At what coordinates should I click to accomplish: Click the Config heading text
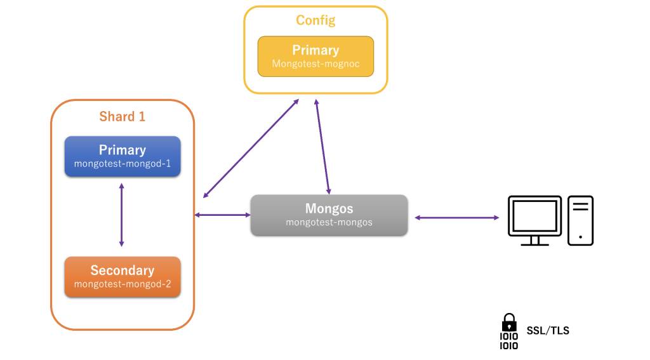tap(315, 20)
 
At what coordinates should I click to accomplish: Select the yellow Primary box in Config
tap(315, 57)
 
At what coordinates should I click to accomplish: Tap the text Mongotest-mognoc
tap(315, 64)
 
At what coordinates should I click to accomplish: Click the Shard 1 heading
tap(123, 117)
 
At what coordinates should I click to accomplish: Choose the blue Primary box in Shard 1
tap(123, 156)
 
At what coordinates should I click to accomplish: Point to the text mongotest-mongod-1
tap(123, 164)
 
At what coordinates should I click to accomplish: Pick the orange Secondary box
tap(123, 277)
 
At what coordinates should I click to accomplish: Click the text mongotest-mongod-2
tap(123, 284)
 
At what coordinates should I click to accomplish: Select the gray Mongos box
tap(329, 215)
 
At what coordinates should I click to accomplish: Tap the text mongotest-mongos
tap(329, 222)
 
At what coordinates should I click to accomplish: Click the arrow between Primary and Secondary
tap(121, 215)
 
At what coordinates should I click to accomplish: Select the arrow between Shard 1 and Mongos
tap(223, 215)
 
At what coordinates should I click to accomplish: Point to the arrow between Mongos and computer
tap(457, 217)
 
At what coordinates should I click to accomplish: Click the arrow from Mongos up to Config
tap(322, 147)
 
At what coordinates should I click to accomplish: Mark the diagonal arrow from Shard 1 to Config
tap(251, 149)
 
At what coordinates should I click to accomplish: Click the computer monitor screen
tap(534, 216)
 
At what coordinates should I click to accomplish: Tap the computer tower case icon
tap(580, 221)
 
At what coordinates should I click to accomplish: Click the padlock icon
tap(509, 323)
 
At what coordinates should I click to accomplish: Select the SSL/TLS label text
tap(548, 331)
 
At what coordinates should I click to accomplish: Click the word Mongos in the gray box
tap(329, 208)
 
